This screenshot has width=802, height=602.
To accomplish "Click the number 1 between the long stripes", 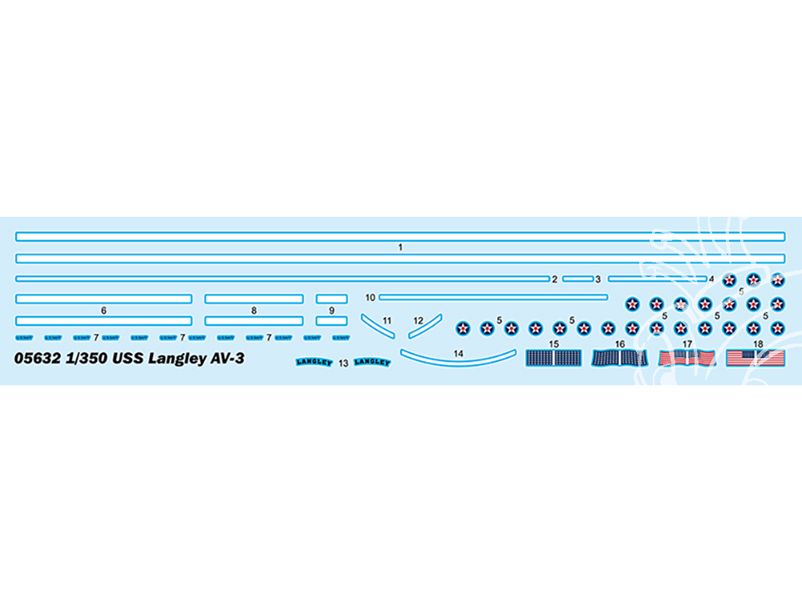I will [x=400, y=248].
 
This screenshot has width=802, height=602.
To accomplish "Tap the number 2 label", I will [x=554, y=279].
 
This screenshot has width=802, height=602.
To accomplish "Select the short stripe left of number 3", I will [x=577, y=279].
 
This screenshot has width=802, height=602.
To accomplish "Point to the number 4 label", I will [x=711, y=279].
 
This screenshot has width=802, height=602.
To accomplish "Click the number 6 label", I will [x=103, y=310].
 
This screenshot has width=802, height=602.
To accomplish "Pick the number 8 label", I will [x=253, y=310].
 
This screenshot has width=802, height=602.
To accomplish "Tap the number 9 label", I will [x=331, y=310].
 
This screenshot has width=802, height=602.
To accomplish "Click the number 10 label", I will [x=370, y=298].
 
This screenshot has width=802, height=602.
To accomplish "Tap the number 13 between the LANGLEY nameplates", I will [x=343, y=364].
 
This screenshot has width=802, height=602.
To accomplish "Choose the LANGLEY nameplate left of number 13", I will [x=314, y=362].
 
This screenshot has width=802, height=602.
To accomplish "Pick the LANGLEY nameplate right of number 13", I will [x=372, y=362].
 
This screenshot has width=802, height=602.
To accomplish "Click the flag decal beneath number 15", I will [x=553, y=358].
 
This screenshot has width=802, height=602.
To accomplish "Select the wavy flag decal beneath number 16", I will [x=620, y=358].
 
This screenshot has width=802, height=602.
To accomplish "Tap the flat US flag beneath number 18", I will [x=755, y=358].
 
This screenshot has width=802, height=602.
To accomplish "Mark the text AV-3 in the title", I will [x=226, y=360].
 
